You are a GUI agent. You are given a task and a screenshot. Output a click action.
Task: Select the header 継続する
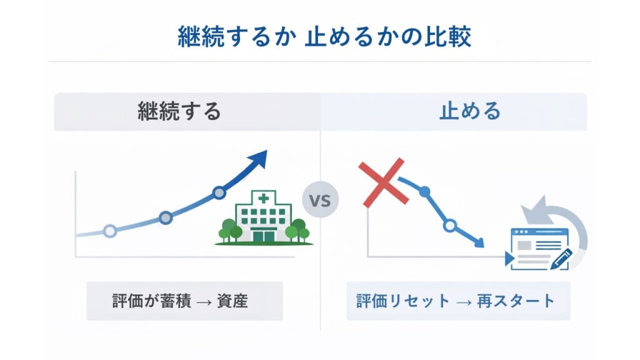pyautogui.click(x=179, y=111)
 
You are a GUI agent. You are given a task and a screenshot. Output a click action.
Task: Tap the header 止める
pyautogui.click(x=461, y=111)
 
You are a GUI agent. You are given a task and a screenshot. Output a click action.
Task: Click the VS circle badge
pyautogui.click(x=320, y=201)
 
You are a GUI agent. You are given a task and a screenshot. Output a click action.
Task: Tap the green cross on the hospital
pyautogui.click(x=263, y=198)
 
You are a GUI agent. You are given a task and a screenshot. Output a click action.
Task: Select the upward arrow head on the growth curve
pyautogui.click(x=257, y=159)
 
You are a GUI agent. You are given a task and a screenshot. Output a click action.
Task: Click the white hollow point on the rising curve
pyautogui.click(x=110, y=231)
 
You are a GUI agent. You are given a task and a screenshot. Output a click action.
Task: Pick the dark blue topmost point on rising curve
pyautogui.click(x=219, y=192)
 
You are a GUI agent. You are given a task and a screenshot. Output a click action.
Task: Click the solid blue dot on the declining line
pyautogui.click(x=425, y=192)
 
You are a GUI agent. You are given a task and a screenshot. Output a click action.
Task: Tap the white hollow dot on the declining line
pyautogui.click(x=449, y=226)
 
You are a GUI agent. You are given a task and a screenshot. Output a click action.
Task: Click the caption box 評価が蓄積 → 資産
pyautogui.click(x=184, y=301)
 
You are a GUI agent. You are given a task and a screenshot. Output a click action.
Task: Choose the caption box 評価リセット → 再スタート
pyautogui.click(x=458, y=301)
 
